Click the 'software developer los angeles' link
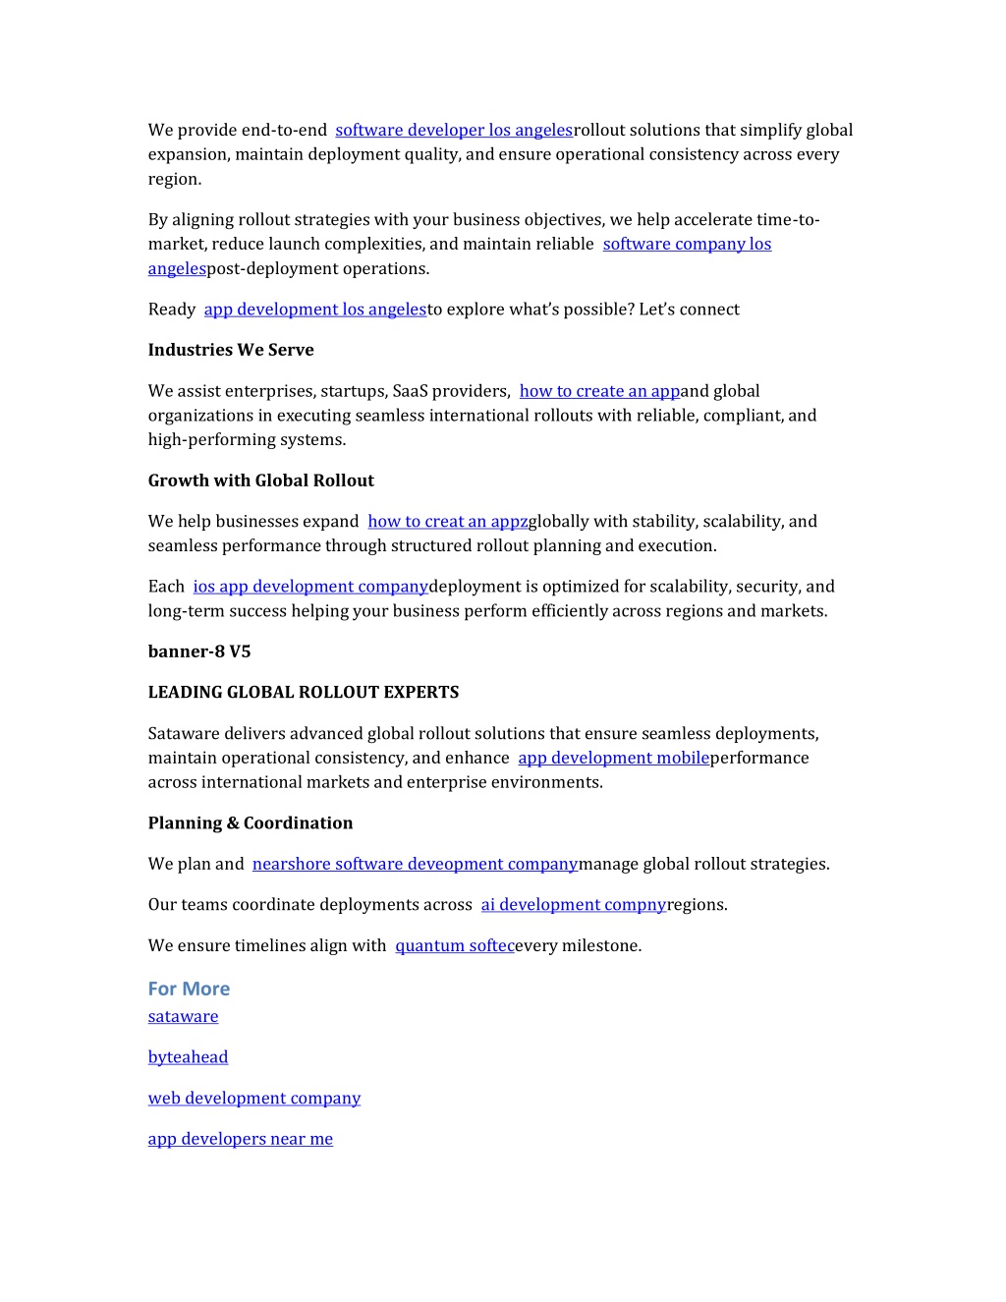coord(454,130)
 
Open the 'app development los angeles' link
coord(314,310)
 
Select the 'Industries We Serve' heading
coord(231,350)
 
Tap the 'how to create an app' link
coord(599,391)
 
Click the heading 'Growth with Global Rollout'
coord(260,481)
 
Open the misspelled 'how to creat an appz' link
coord(447,522)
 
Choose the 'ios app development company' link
coord(310,587)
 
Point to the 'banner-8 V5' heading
coord(199,651)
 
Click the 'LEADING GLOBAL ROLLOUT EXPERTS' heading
coord(304,693)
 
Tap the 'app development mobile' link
coord(613,759)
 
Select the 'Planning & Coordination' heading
coord(251,823)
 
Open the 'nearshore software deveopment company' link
coord(415,865)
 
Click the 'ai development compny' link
coord(573,905)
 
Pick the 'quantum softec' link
coord(454,946)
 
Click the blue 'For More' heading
coord(189,989)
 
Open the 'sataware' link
coord(183,1017)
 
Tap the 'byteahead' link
coord(188,1057)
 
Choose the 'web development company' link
coord(253,1099)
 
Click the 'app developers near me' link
coord(240,1139)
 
